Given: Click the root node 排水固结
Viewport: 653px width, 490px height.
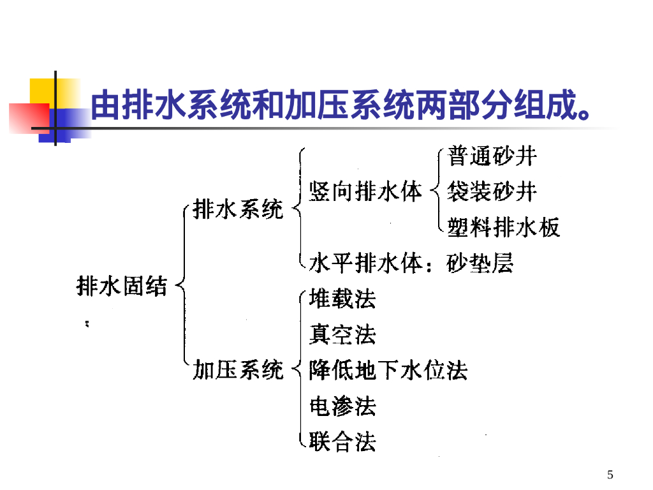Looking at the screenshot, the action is click(121, 286).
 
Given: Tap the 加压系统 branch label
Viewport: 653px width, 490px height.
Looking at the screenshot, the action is click(238, 370).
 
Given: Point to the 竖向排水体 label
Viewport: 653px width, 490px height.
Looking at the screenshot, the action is click(365, 191).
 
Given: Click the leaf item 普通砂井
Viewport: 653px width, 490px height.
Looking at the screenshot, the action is click(492, 156).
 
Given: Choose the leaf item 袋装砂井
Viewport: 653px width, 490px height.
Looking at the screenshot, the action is click(492, 191).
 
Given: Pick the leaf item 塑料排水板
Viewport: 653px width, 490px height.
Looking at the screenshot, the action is click(503, 226).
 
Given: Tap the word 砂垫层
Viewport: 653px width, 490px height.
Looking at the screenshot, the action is click(480, 263).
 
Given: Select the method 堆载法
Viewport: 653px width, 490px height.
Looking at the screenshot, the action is click(342, 299).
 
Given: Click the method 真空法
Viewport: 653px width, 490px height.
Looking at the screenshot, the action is click(342, 334).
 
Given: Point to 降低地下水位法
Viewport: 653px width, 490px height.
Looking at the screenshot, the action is click(388, 370).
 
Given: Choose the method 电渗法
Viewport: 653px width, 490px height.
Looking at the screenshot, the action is click(342, 406).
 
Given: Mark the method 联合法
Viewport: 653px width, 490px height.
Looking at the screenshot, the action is click(342, 442).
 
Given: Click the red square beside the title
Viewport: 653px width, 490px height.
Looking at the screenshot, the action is click(28, 118).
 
